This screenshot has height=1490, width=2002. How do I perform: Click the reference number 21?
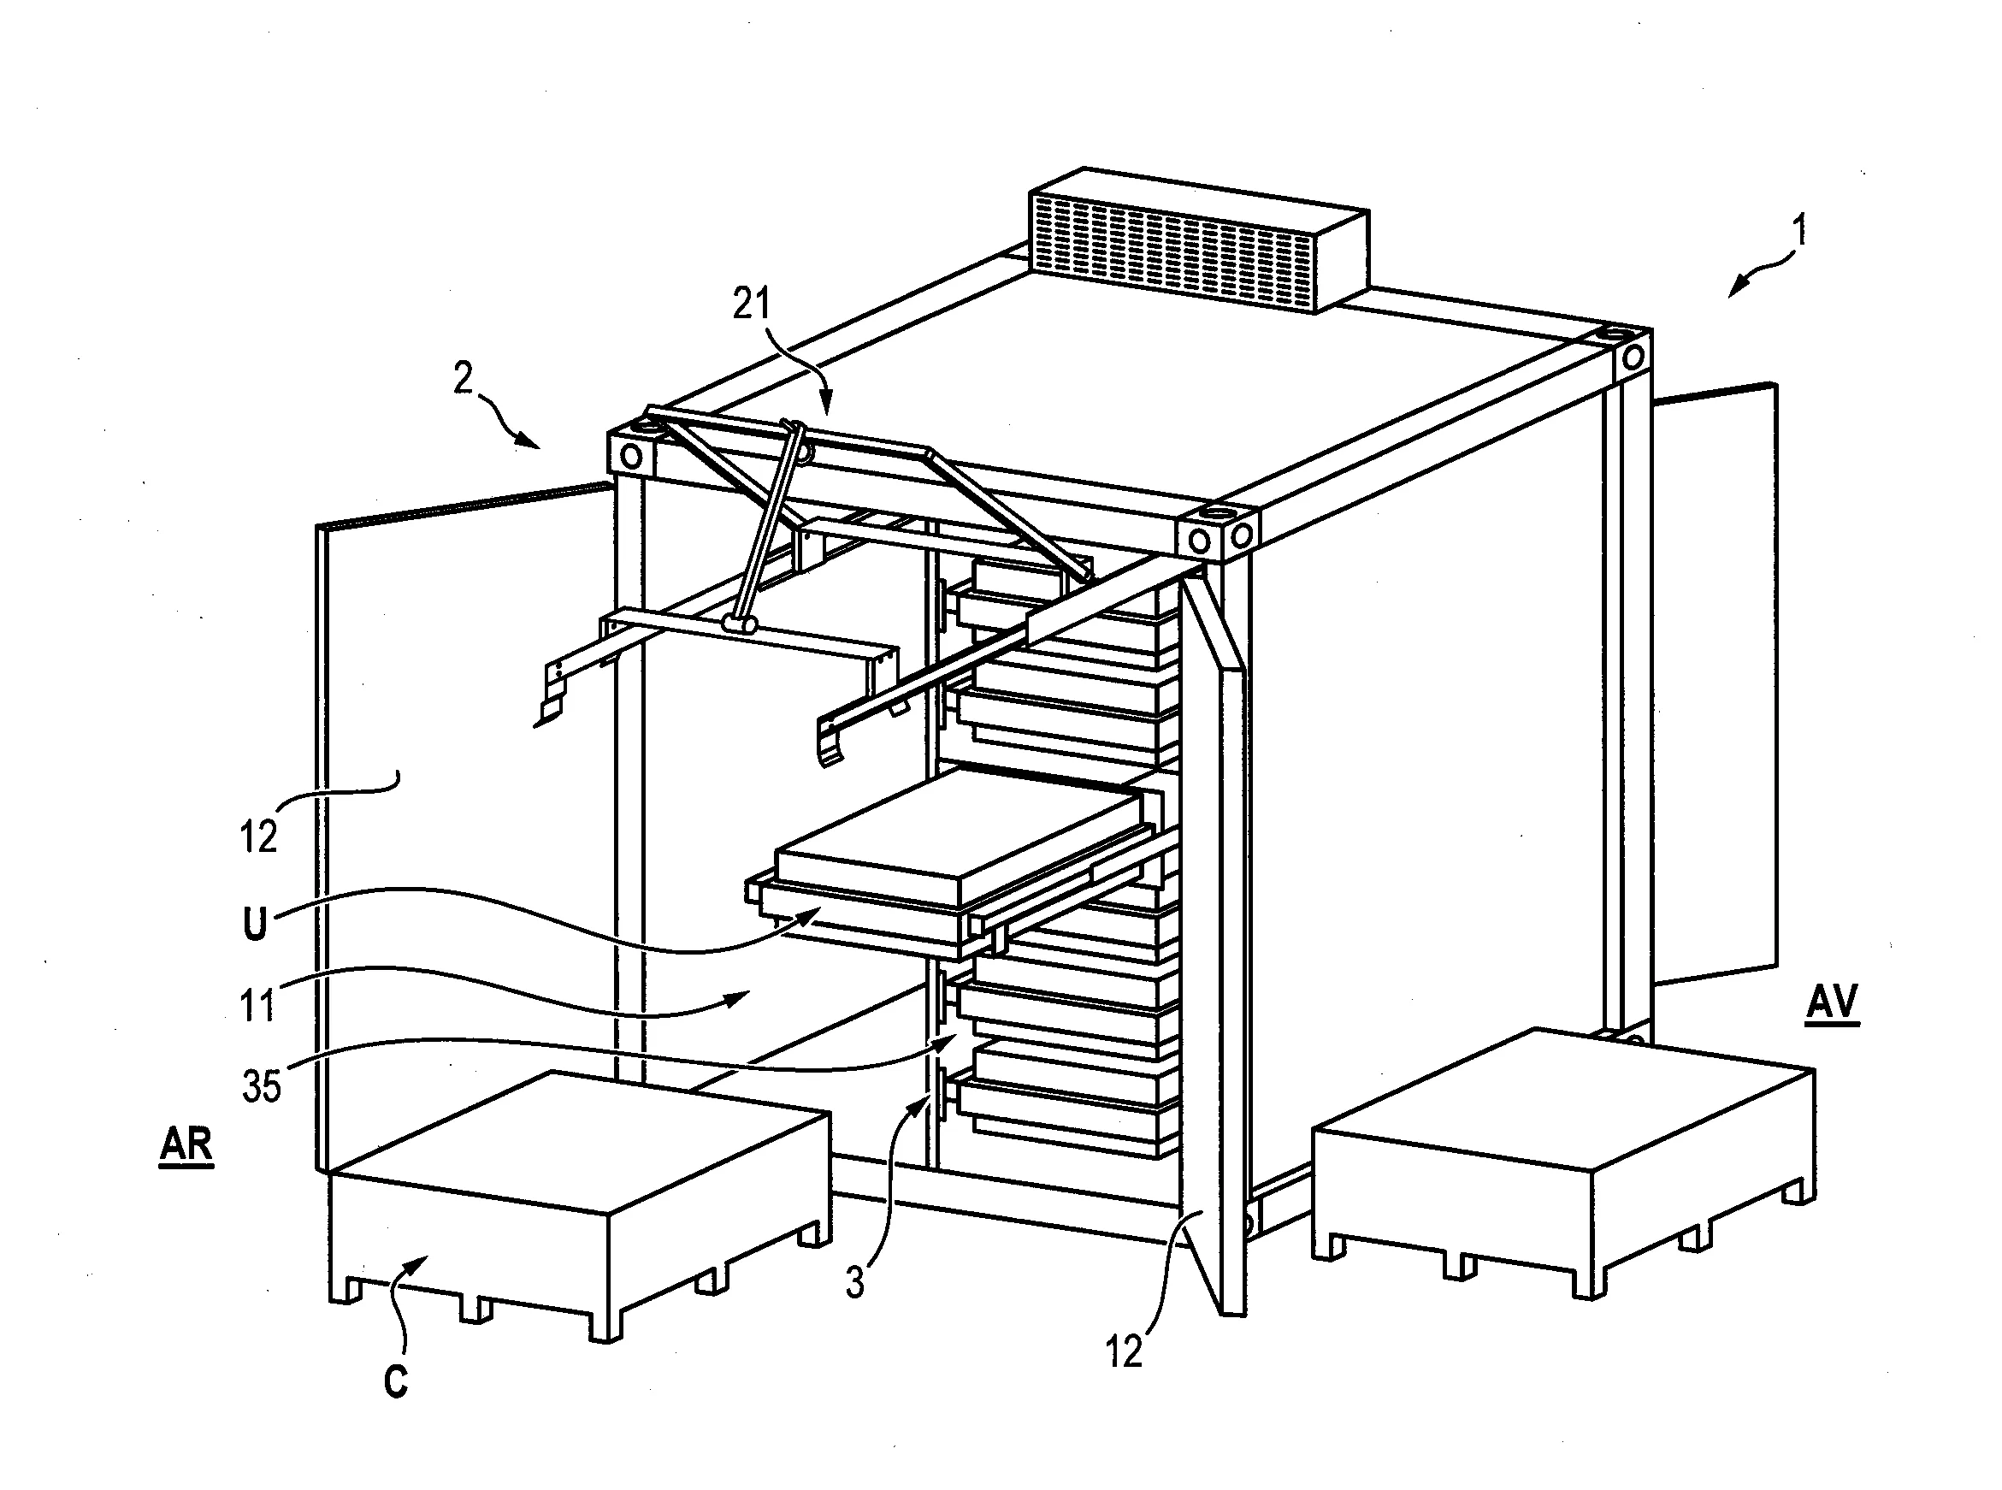[x=751, y=304]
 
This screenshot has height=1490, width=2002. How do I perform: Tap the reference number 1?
[x=1799, y=231]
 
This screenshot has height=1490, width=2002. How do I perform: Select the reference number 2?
[x=463, y=379]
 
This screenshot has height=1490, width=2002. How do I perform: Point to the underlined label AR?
[x=186, y=1145]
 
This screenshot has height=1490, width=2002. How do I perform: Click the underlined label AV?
[x=1833, y=1003]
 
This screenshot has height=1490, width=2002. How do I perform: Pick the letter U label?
[x=255, y=925]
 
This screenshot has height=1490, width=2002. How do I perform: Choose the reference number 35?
[x=262, y=1087]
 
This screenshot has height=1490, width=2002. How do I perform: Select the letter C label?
[x=396, y=1381]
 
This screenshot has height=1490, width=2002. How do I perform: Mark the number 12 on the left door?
[x=258, y=838]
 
